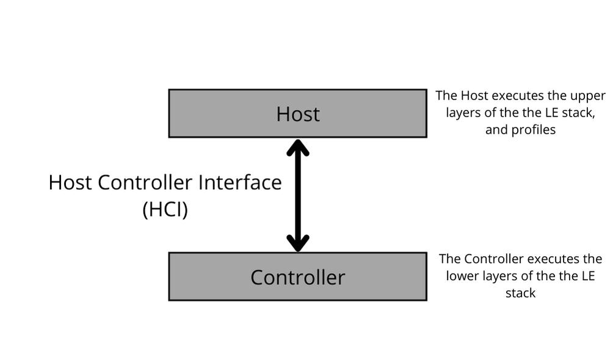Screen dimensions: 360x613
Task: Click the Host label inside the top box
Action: tap(298, 114)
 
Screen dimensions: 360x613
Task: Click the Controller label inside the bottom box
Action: tap(298, 278)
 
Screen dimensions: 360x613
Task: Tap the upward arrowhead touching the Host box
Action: tap(298, 147)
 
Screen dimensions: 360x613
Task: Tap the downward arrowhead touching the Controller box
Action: tap(298, 243)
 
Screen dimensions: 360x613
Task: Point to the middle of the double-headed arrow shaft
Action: tap(298, 195)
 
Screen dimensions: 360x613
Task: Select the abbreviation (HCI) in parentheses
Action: tap(165, 209)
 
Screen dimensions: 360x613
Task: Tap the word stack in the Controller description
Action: tap(521, 293)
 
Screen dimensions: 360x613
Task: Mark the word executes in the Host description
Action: tap(517, 96)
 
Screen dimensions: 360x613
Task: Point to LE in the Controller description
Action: tap(587, 276)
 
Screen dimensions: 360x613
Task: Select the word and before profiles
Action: tap(496, 130)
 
